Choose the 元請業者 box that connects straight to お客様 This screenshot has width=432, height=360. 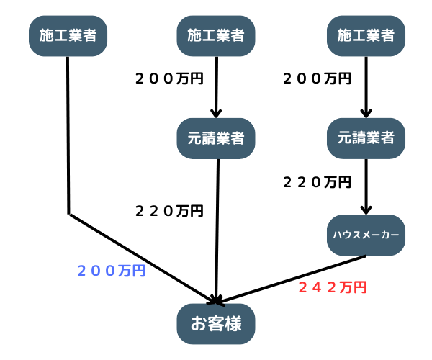[x=216, y=138]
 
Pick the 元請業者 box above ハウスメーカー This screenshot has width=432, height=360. [x=366, y=138]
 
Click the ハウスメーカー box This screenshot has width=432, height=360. [x=366, y=234]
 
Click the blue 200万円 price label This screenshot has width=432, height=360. [x=111, y=271]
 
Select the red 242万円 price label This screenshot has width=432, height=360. [x=333, y=287]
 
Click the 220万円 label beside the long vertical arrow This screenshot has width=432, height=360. [x=169, y=211]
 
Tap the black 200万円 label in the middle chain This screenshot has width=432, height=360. [x=169, y=78]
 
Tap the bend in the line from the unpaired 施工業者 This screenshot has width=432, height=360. [x=68, y=213]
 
